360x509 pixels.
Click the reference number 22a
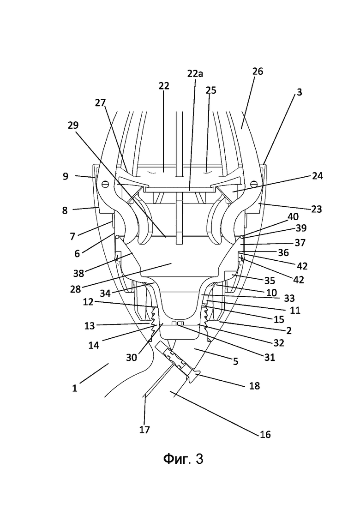tap(195, 74)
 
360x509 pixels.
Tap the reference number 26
tap(258, 71)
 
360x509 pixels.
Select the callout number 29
tap(73, 125)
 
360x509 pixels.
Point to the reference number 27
tap(100, 103)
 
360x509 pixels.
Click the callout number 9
tap(66, 176)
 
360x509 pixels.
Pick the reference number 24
tap(318, 176)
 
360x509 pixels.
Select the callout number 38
tap(78, 273)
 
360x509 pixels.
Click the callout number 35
tap(270, 281)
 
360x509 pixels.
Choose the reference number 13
tap(89, 326)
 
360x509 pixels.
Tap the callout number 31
tap(270, 357)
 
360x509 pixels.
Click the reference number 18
tap(254, 386)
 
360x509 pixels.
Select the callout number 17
tap(144, 430)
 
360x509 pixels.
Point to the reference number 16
tap(265, 434)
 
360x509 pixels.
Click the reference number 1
tap(75, 388)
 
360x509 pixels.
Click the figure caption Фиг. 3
tap(183, 459)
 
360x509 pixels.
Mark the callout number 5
tap(236, 361)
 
